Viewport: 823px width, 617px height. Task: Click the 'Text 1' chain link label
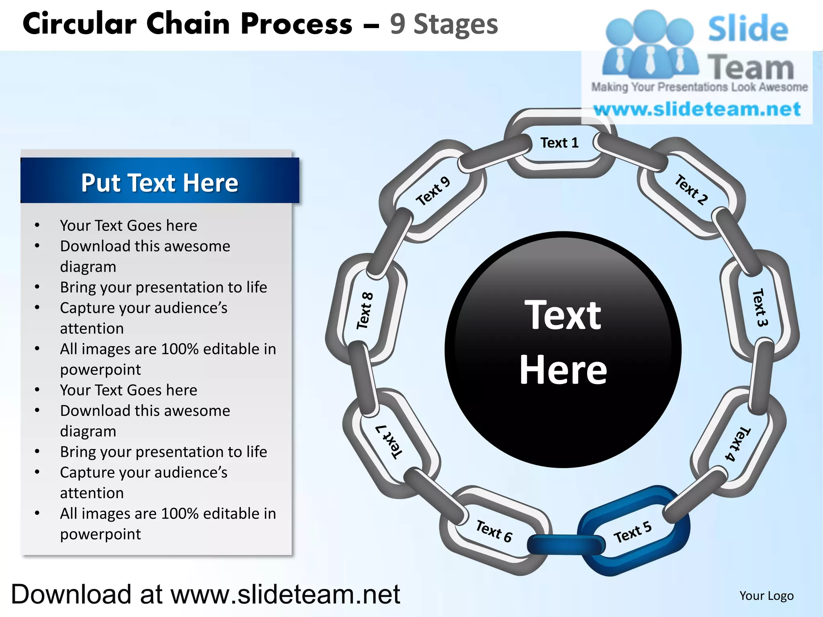(x=559, y=143)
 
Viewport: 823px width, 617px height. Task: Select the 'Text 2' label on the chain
(x=691, y=190)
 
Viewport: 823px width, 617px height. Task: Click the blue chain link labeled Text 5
(x=633, y=532)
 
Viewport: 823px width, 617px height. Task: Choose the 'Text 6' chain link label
(x=494, y=531)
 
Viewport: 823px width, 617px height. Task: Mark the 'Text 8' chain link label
(x=365, y=311)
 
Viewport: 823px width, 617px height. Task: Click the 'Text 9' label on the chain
(x=433, y=191)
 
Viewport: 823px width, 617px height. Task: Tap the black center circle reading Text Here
(x=563, y=349)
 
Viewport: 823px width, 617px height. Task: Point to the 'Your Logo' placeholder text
(x=766, y=596)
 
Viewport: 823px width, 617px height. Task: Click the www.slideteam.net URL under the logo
(x=697, y=109)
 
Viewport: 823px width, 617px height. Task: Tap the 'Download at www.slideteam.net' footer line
(x=205, y=595)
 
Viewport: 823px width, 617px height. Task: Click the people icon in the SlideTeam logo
(x=650, y=44)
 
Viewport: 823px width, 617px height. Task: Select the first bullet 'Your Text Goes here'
(x=129, y=225)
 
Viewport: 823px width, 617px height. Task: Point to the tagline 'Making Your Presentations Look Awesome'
(x=699, y=87)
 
